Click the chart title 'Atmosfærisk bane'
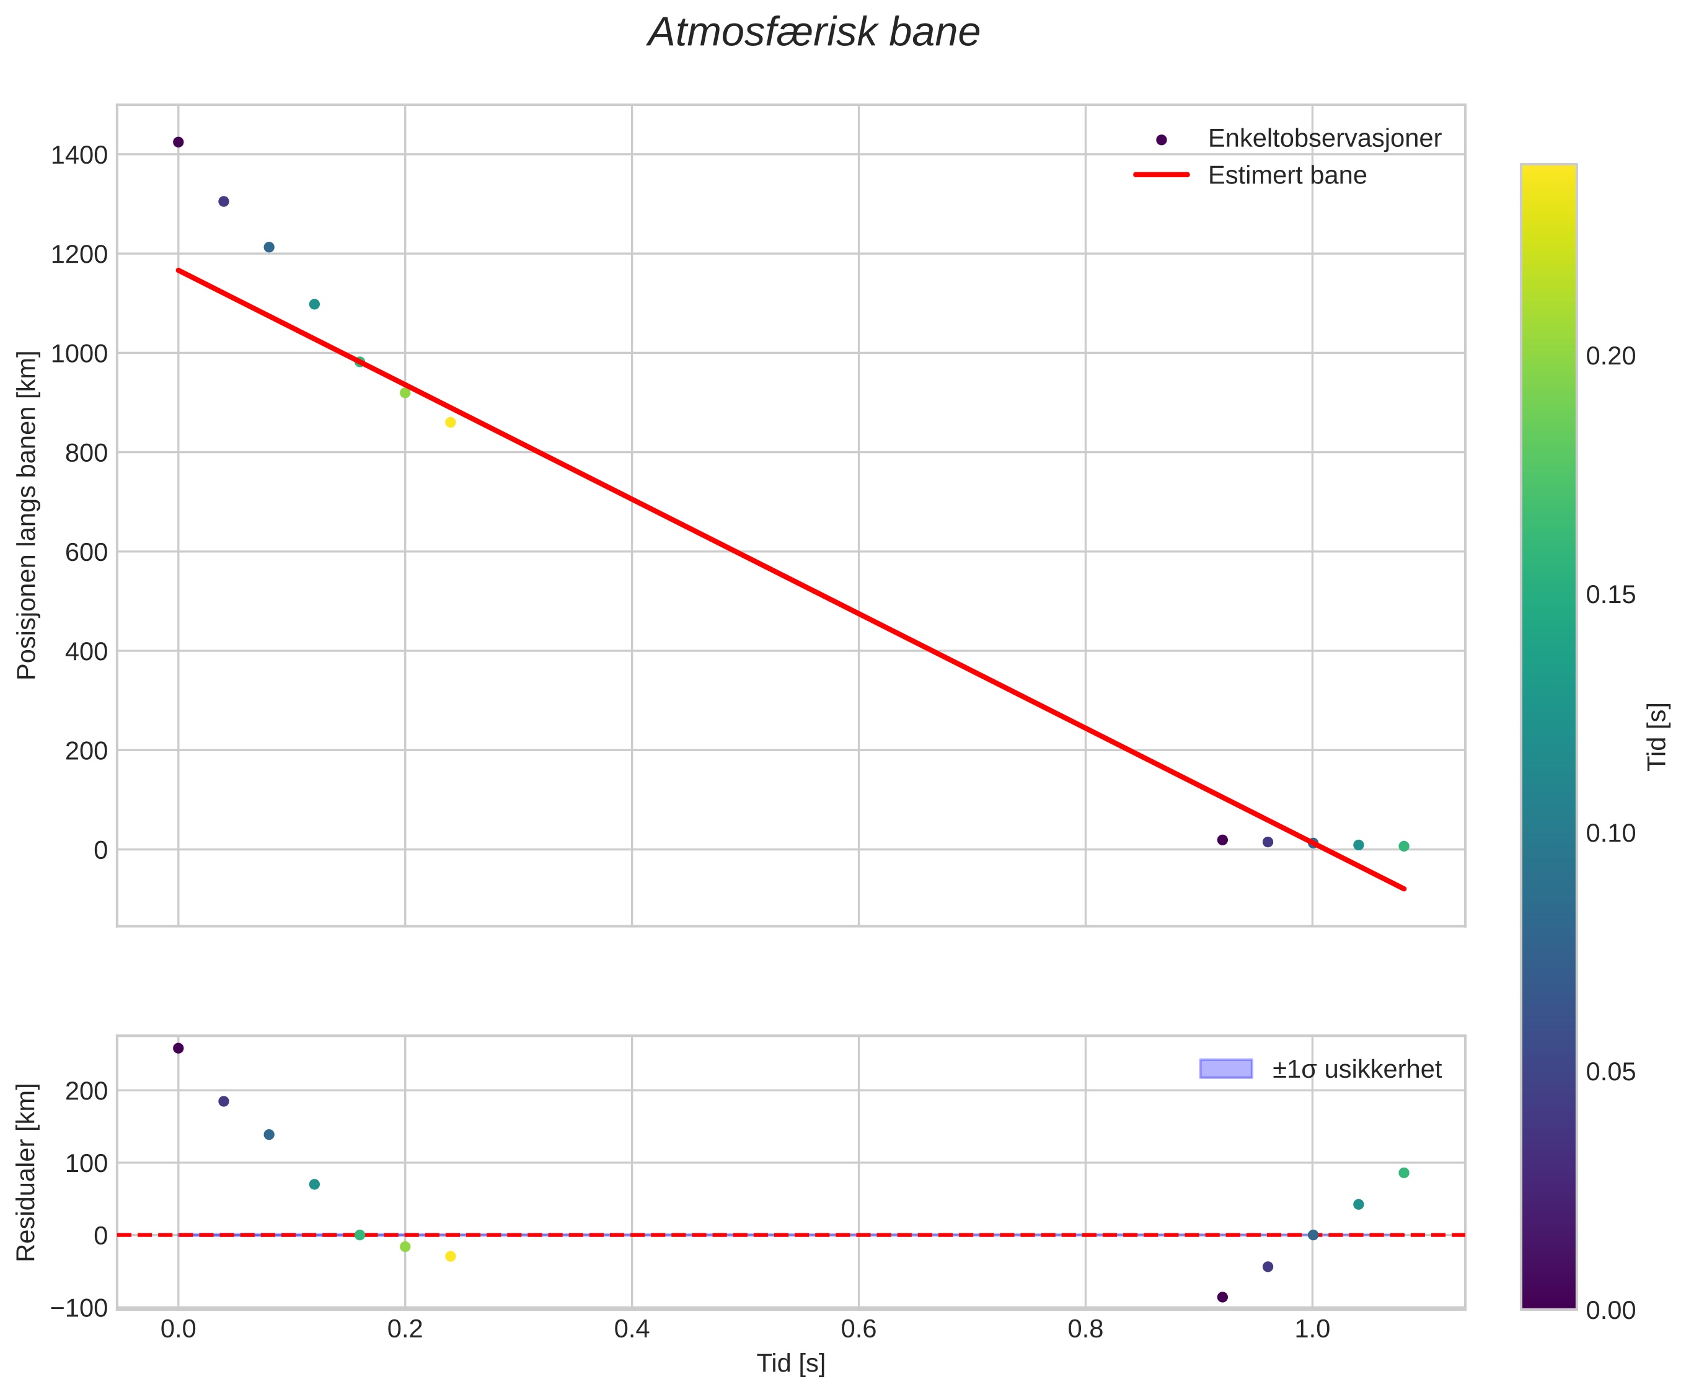pyautogui.click(x=813, y=33)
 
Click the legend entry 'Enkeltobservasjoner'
pyautogui.click(x=1323, y=139)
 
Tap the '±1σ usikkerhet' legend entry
pyautogui.click(x=1356, y=1069)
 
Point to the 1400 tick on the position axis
pyautogui.click(x=79, y=155)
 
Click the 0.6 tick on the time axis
pyautogui.click(x=858, y=1329)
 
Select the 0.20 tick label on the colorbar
pyautogui.click(x=1610, y=356)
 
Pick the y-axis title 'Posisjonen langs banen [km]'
pyautogui.click(x=27, y=515)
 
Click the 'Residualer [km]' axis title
pyautogui.click(x=27, y=1173)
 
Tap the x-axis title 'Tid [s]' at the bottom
pyautogui.click(x=791, y=1363)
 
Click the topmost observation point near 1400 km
pyautogui.click(x=178, y=142)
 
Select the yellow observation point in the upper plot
pyautogui.click(x=451, y=423)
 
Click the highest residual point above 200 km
pyautogui.click(x=178, y=1048)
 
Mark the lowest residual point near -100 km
pyautogui.click(x=1222, y=1297)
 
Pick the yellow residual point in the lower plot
pyautogui.click(x=451, y=1256)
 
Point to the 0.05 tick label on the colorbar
pyautogui.click(x=1610, y=1073)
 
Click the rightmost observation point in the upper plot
pyautogui.click(x=1404, y=847)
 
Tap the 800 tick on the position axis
pyautogui.click(x=85, y=453)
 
